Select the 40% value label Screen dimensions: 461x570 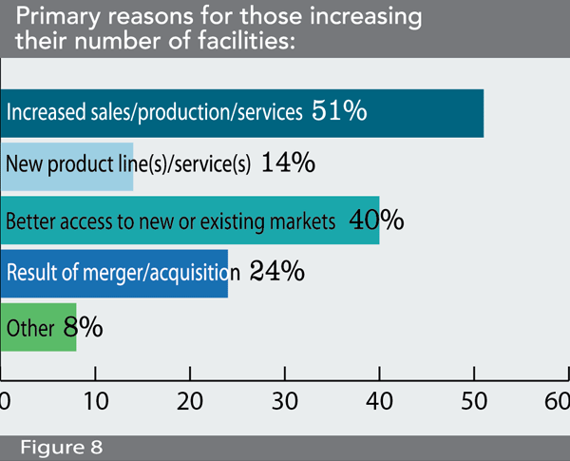click(x=377, y=221)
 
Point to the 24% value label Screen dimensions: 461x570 click(x=276, y=273)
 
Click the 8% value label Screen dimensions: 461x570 click(x=83, y=328)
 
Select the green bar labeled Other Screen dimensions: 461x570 click(x=38, y=328)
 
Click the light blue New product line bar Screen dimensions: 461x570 click(x=66, y=164)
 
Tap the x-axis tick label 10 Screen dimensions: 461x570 click(x=97, y=397)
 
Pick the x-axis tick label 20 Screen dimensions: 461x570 click(x=191, y=397)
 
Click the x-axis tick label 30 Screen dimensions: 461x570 click(x=286, y=397)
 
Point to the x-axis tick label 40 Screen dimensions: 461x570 click(x=380, y=397)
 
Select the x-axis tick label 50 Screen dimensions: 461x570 click(x=473, y=397)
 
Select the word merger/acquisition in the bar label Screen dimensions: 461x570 click(x=162, y=274)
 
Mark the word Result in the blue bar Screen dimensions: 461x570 click(x=29, y=274)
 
